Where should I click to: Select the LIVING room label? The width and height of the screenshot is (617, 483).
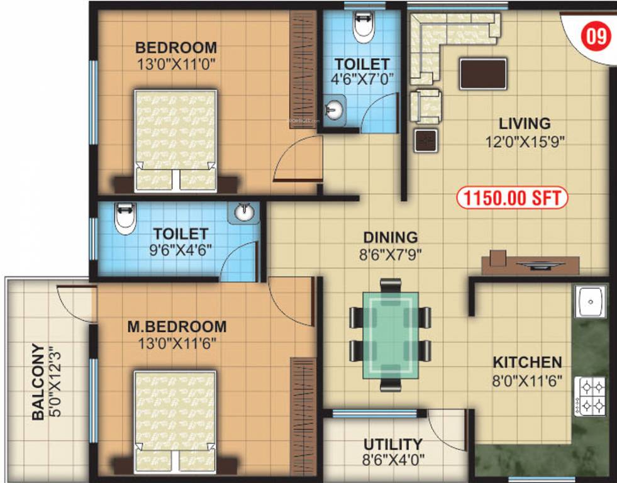coord(524,123)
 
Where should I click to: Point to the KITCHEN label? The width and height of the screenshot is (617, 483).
coord(526,363)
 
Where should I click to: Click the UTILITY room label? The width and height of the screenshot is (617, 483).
coord(392,445)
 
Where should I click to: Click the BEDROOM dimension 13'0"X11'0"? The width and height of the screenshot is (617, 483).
coord(176,64)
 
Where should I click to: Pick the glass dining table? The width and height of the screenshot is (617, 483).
coord(390,333)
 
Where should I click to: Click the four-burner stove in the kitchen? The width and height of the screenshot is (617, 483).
coord(589,396)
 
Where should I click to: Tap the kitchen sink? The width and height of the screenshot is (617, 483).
coord(589,302)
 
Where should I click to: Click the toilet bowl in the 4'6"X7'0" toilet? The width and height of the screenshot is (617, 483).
coord(363,28)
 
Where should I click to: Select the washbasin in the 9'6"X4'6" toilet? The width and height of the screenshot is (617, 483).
coord(246,213)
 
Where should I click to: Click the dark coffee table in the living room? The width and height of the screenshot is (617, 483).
coord(483,74)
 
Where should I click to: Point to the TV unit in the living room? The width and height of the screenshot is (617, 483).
coord(530,264)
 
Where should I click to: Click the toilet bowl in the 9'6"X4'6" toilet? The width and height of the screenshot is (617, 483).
coord(125,218)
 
